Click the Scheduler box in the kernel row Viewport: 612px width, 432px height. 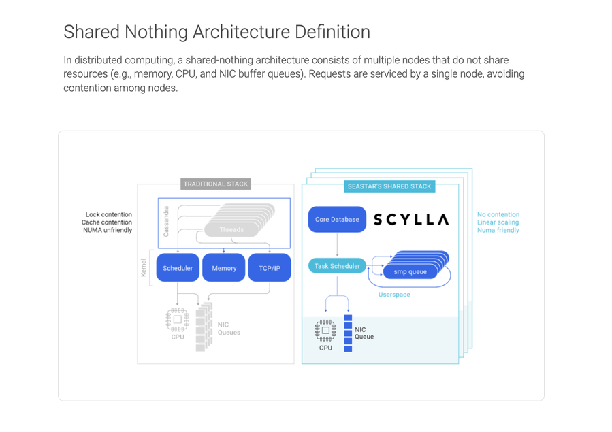[x=178, y=268]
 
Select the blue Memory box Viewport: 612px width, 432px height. [x=224, y=268]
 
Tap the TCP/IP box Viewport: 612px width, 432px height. [x=270, y=268]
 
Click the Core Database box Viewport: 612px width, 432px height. [x=337, y=220]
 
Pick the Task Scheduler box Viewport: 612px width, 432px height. [x=337, y=266]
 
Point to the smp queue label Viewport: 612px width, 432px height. [x=410, y=272]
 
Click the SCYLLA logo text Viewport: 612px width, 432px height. [x=411, y=220]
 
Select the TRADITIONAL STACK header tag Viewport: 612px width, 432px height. [x=216, y=184]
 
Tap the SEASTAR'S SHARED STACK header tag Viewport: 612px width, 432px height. [x=389, y=186]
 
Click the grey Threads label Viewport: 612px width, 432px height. [x=231, y=229]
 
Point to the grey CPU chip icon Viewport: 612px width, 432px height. [x=178, y=319]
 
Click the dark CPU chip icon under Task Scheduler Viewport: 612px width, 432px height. [x=325, y=330]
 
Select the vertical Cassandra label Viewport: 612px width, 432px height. [x=165, y=221]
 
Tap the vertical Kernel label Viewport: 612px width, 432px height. [x=144, y=268]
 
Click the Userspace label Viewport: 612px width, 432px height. [x=394, y=295]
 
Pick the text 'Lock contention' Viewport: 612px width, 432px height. [x=109, y=214]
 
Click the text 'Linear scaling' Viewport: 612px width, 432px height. [x=498, y=222]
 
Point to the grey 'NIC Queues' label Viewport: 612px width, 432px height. [x=229, y=329]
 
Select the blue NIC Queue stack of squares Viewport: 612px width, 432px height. [x=348, y=333]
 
